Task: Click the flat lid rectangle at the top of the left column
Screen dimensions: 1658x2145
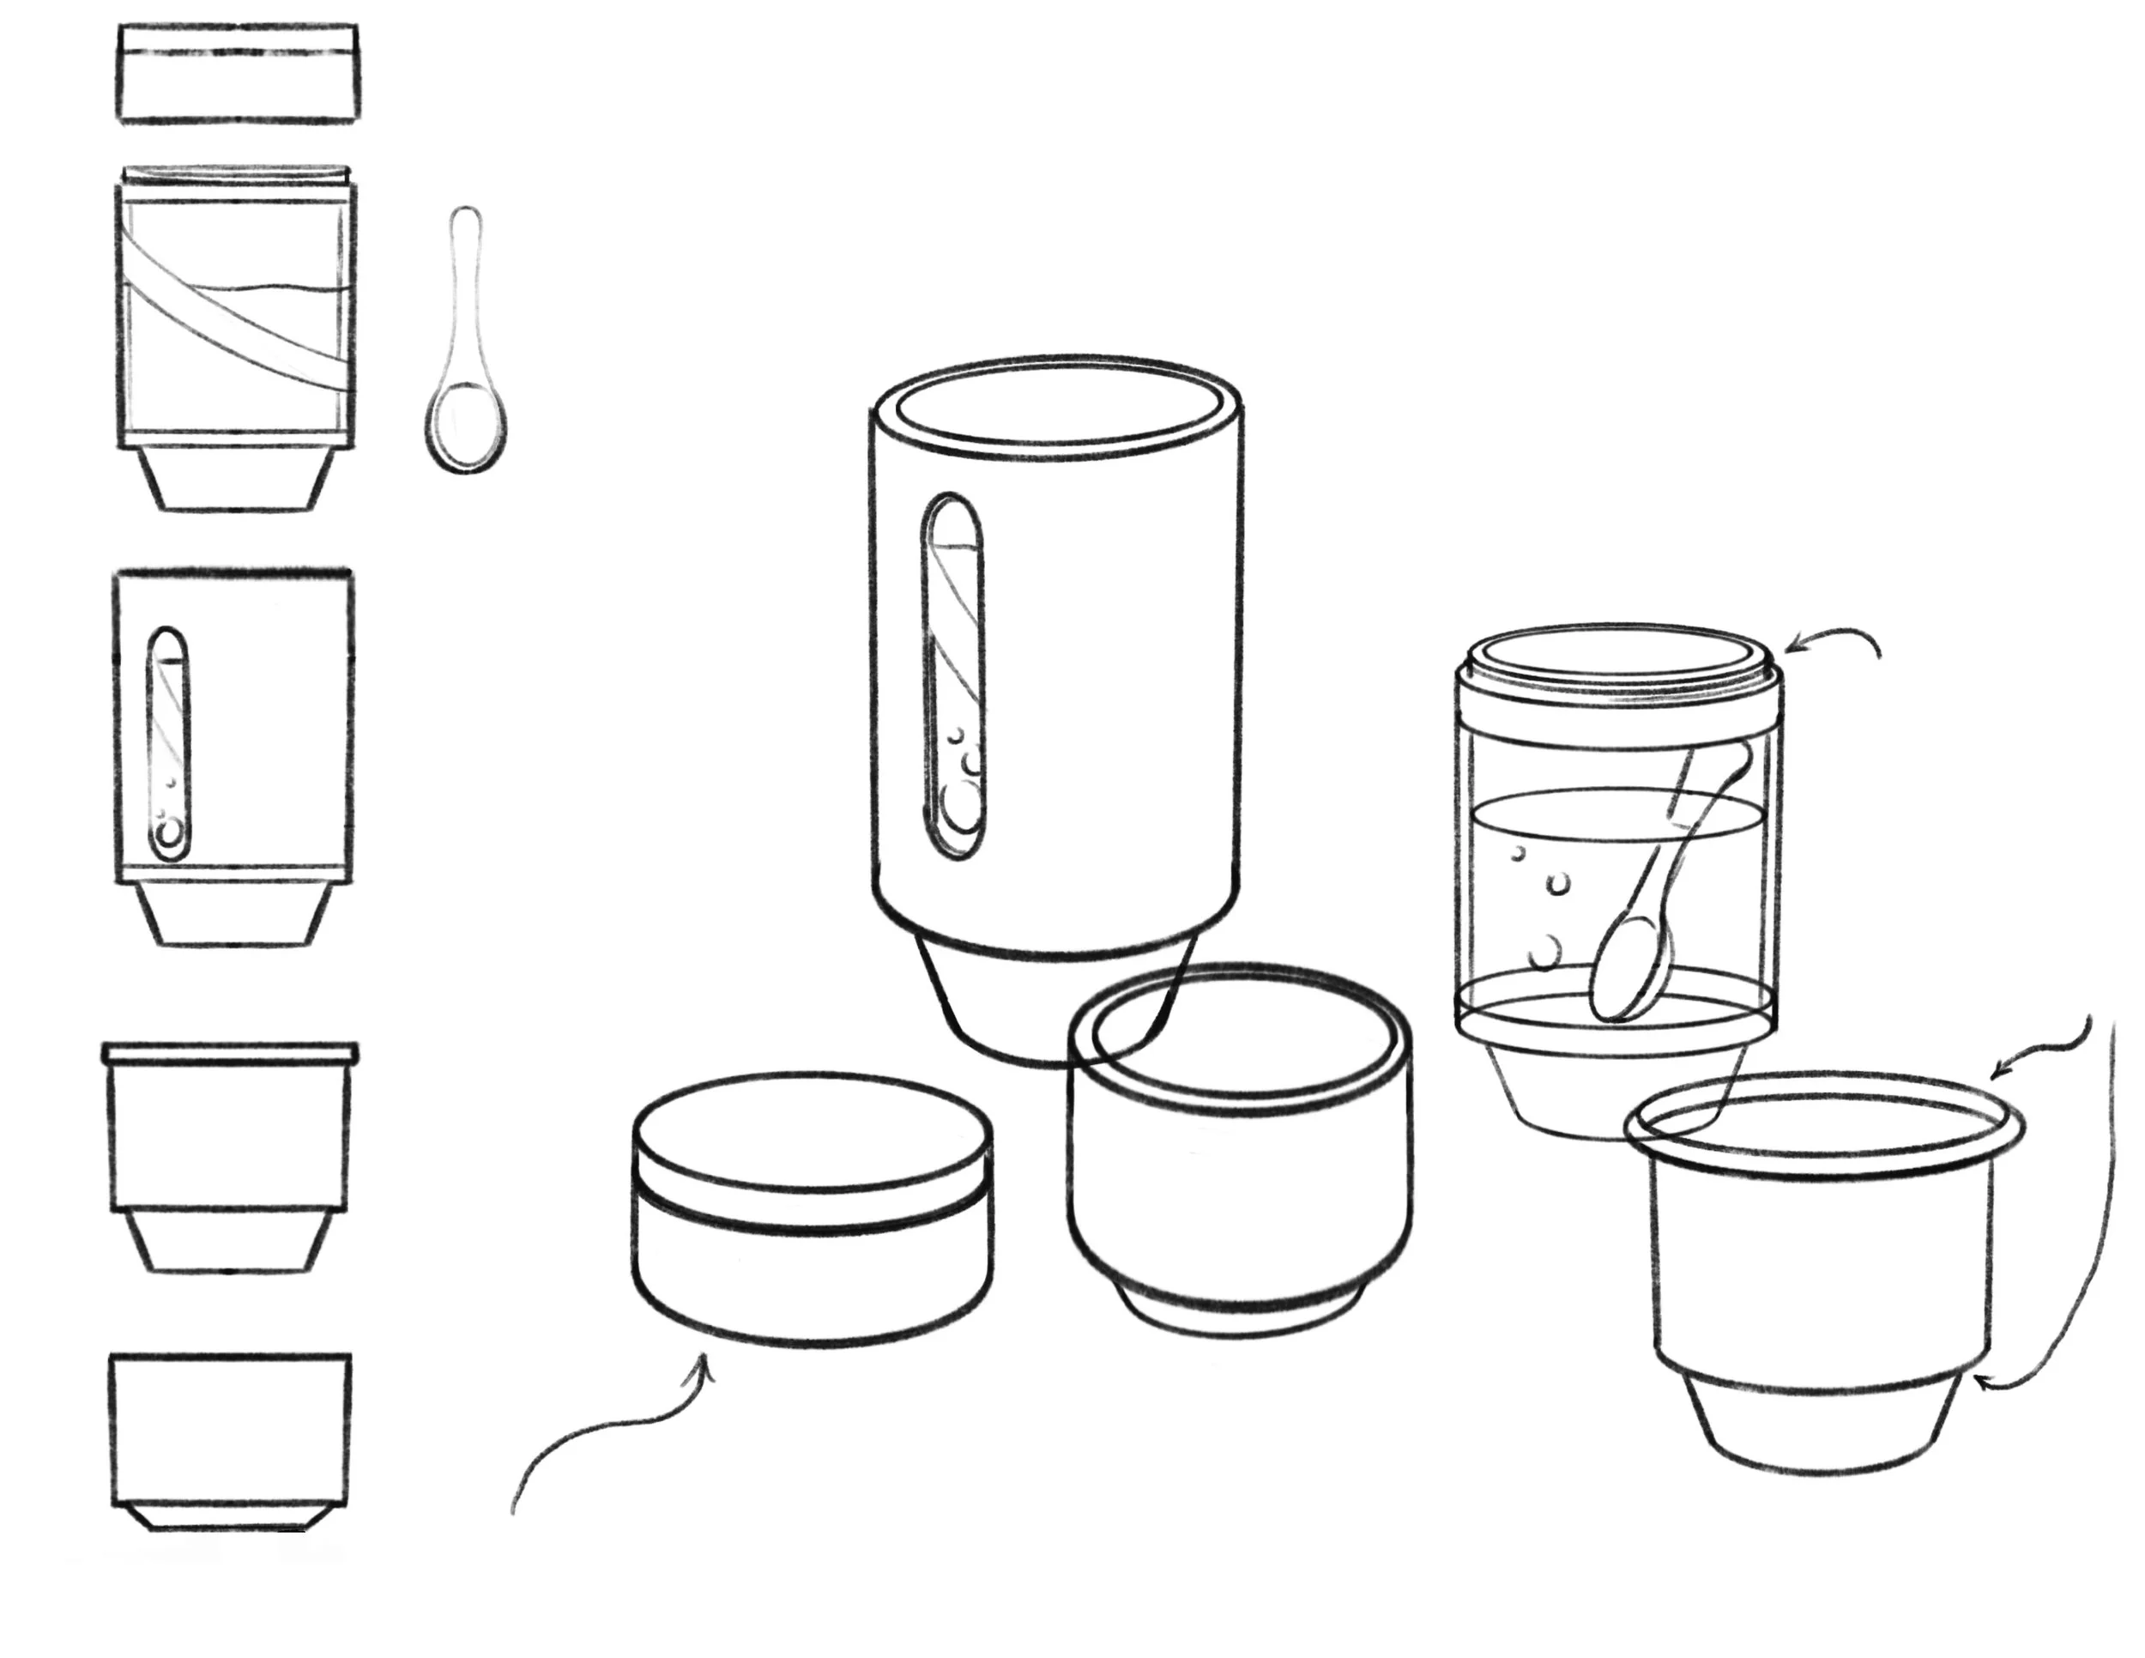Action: [x=238, y=75]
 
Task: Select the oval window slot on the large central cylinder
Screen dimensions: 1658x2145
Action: [x=951, y=678]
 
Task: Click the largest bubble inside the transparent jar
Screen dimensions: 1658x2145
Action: [x=1546, y=951]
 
